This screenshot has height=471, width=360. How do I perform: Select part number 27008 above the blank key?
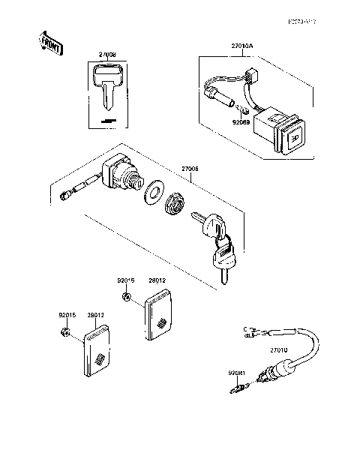pos(107,55)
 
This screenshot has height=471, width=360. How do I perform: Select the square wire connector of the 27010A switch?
pos(251,75)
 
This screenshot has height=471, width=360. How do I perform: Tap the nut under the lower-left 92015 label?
pos(66,331)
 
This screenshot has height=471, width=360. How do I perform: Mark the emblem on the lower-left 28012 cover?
pos(99,358)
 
